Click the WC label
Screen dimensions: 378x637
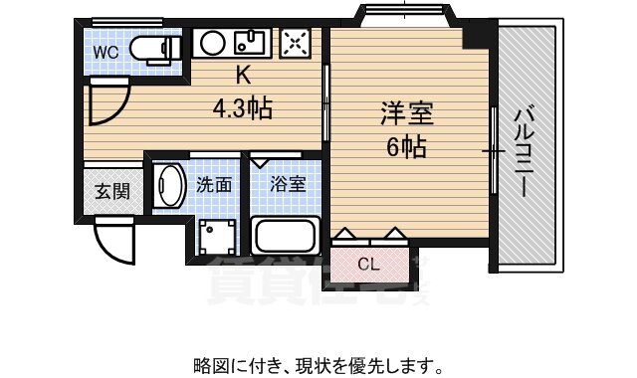click(107, 52)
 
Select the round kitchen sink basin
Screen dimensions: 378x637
click(212, 43)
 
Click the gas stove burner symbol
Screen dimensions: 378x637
click(295, 43)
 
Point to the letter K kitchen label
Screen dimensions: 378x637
click(243, 75)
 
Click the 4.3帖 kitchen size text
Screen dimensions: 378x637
click(243, 106)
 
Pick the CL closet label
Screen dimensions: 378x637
click(368, 265)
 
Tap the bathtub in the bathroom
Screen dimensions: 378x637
click(286, 237)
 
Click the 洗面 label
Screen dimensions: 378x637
click(214, 184)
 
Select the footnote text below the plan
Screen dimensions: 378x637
click(318, 364)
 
